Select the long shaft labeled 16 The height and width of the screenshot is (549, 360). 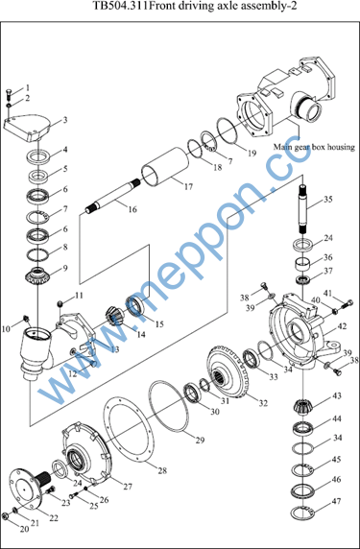(x=112, y=196)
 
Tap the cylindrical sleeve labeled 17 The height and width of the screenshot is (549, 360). (x=164, y=166)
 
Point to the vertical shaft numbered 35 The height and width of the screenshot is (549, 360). (x=304, y=209)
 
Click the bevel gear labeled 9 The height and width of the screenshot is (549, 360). (x=37, y=275)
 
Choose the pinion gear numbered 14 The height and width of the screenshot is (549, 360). (x=114, y=316)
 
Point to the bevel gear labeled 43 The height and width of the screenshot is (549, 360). (x=301, y=407)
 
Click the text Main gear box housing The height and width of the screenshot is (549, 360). (x=314, y=147)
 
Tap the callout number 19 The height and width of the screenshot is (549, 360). (x=252, y=153)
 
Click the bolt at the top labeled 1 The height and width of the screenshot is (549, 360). (x=9, y=93)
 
